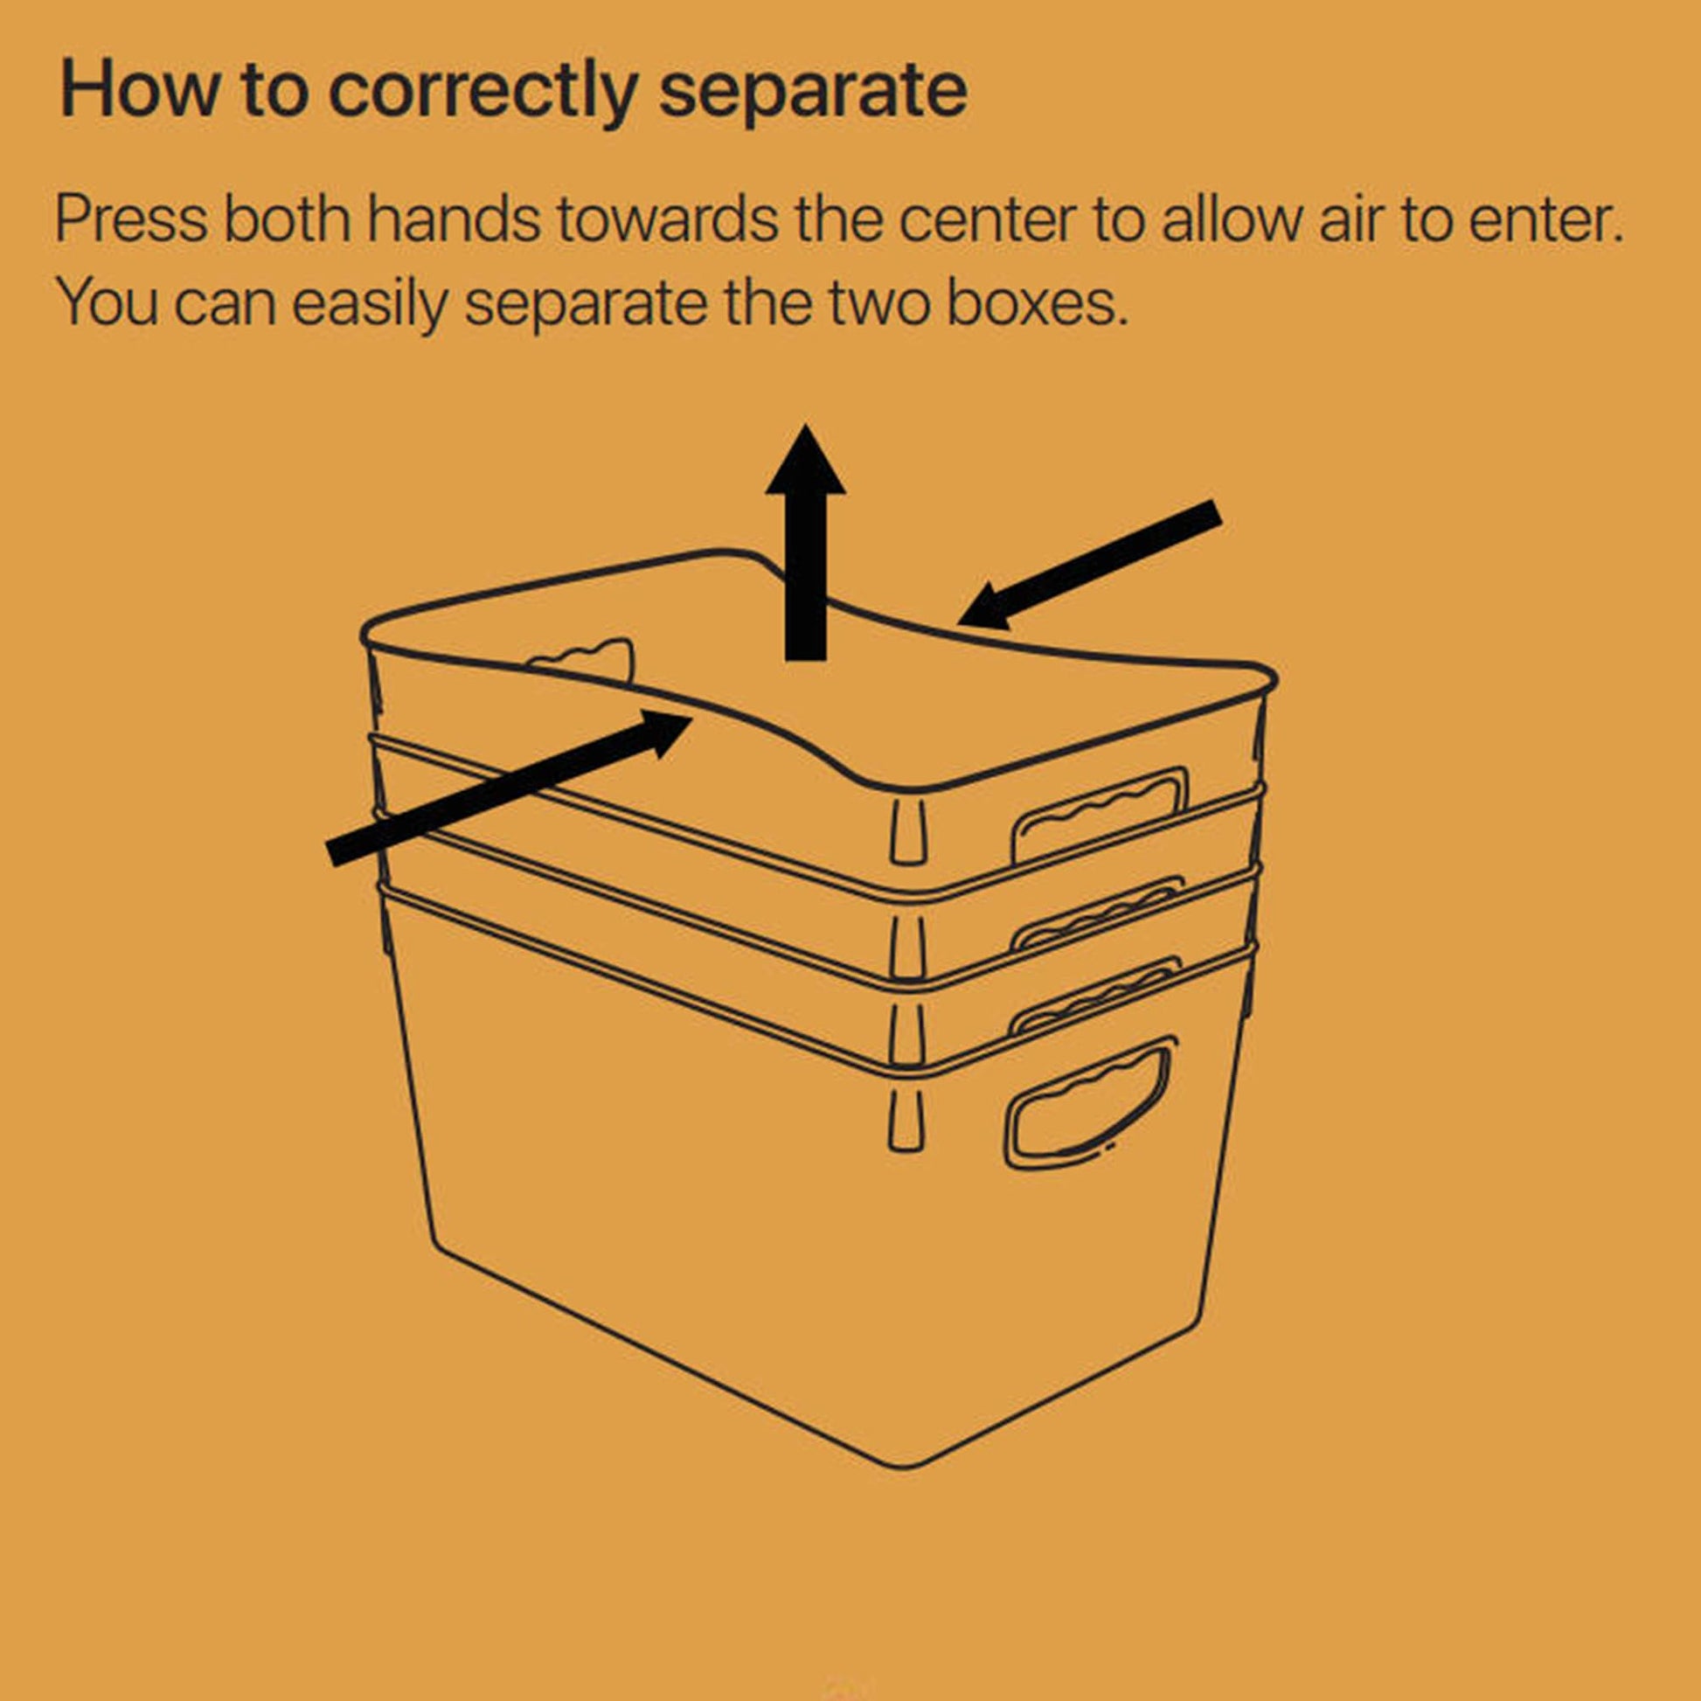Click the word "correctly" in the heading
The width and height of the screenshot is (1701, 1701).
[482, 92]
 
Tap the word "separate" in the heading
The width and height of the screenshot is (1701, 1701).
[813, 92]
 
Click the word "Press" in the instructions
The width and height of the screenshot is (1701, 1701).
[131, 219]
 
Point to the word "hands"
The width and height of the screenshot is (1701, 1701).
[453, 219]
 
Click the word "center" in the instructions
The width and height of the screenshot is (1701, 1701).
[987, 221]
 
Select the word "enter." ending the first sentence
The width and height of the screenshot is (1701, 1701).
[1547, 221]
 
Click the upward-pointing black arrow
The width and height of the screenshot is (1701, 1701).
[806, 541]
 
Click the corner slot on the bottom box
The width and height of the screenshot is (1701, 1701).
[906, 1119]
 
